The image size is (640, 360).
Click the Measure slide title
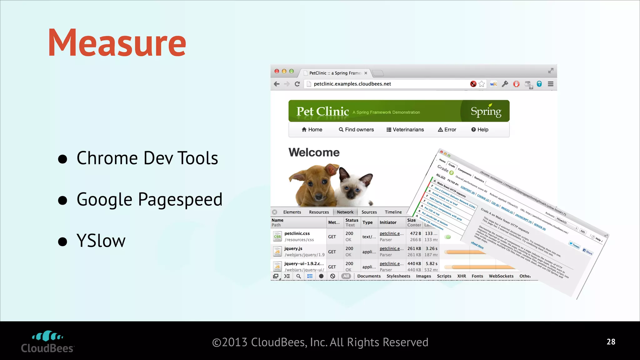(117, 43)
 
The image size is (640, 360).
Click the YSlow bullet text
(101, 241)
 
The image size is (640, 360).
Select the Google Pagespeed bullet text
(149, 200)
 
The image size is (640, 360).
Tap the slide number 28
(611, 342)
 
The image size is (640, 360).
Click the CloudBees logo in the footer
(47, 342)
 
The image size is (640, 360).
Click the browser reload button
(297, 84)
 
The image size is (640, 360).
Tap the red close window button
(277, 71)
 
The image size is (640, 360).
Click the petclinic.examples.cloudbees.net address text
(352, 84)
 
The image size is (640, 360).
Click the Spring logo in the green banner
(486, 111)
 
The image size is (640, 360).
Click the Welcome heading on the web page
(314, 152)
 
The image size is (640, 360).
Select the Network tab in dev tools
(345, 212)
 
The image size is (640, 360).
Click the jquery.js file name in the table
(293, 249)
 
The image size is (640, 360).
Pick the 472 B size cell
(415, 233)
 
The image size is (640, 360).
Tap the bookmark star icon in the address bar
(482, 84)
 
